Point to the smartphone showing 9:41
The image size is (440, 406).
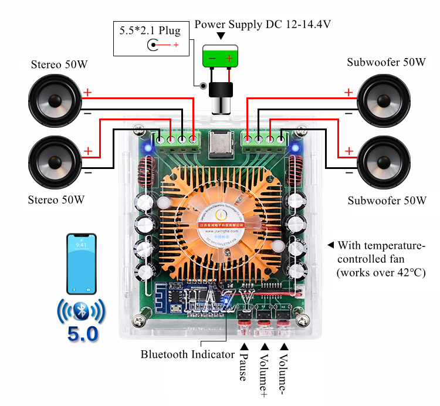click(x=81, y=263)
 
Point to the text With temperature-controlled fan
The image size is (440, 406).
click(x=381, y=259)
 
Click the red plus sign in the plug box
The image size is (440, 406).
click(x=175, y=45)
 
